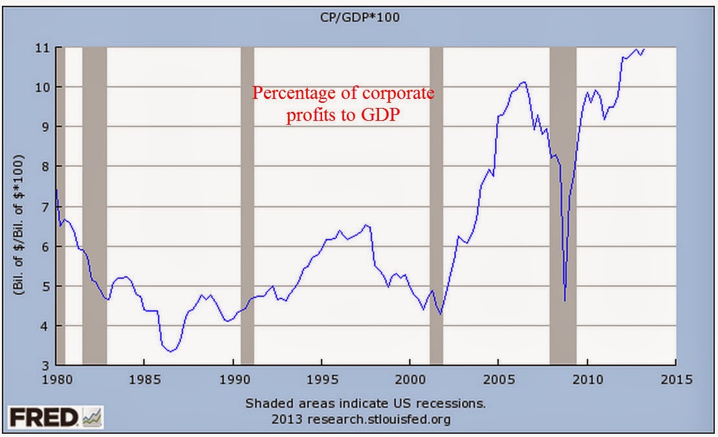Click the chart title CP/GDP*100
pos(367,17)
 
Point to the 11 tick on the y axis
pos(45,47)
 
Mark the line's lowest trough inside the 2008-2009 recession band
pos(565,301)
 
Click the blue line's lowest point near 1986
pos(170,351)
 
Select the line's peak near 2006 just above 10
pos(523,82)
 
